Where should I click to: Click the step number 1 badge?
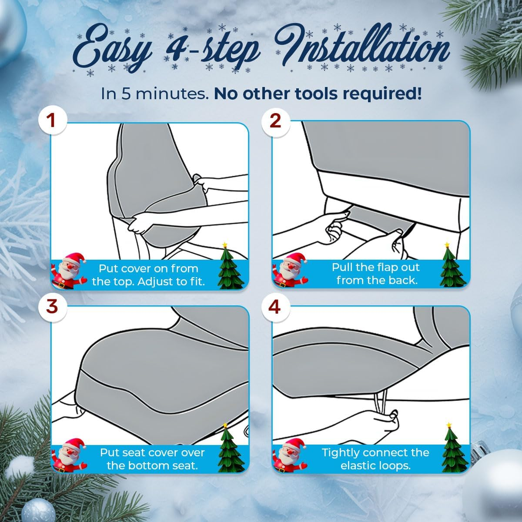(x=52, y=121)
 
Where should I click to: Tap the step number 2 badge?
(x=275, y=121)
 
